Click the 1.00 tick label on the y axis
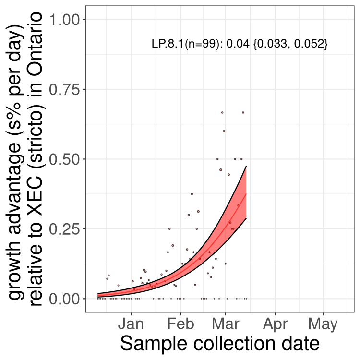(64, 20)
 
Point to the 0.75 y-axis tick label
(64, 89)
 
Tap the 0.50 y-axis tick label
(64, 159)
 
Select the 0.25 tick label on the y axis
(64, 229)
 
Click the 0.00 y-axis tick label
(64, 299)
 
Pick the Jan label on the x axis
(131, 324)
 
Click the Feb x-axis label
(180, 324)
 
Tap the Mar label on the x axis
(226, 324)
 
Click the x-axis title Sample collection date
(220, 344)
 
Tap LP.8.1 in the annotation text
(168, 44)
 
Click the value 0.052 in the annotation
(308, 44)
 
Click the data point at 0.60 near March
(224, 131)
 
